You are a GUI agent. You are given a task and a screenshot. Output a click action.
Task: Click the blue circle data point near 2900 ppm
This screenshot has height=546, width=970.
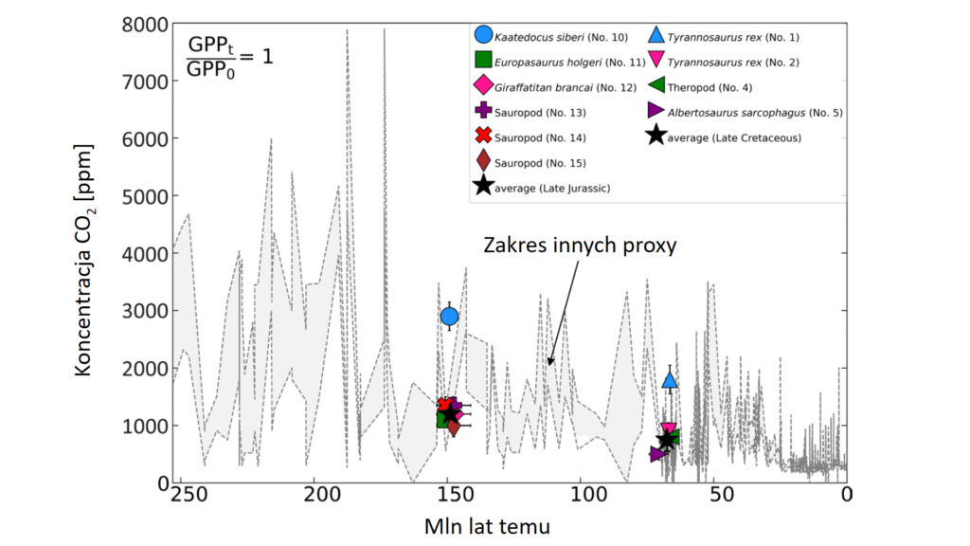pos(450,316)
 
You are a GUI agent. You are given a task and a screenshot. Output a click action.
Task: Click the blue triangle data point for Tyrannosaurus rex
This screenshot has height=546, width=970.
pos(670,380)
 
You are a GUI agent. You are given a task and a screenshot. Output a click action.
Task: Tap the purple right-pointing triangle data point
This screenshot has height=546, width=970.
pos(657,454)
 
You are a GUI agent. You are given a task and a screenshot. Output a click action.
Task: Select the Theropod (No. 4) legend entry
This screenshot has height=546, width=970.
pos(710,87)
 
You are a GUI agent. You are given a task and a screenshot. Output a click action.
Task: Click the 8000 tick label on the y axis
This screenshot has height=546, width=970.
pos(145,24)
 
